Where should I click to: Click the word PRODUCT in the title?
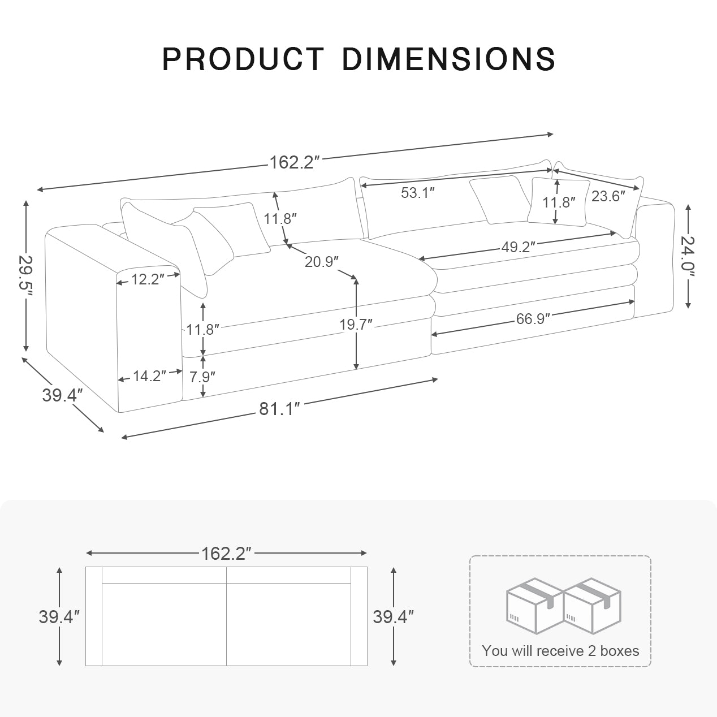pyautogui.click(x=243, y=58)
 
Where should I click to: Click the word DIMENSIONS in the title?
pyautogui.click(x=448, y=58)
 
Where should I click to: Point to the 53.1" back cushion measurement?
pyautogui.click(x=417, y=193)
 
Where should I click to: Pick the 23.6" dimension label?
pyautogui.click(x=608, y=196)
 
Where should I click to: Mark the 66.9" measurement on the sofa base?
pyautogui.click(x=533, y=319)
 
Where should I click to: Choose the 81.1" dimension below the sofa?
pyautogui.click(x=279, y=408)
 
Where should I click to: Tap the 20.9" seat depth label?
pyautogui.click(x=321, y=262)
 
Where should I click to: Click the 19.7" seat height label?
pyautogui.click(x=356, y=325)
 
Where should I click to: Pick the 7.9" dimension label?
pyautogui.click(x=202, y=376)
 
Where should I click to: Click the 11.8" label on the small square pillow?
pyautogui.click(x=559, y=202)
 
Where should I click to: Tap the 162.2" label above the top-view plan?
pyautogui.click(x=226, y=554)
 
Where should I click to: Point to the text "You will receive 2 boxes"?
pyautogui.click(x=560, y=651)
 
